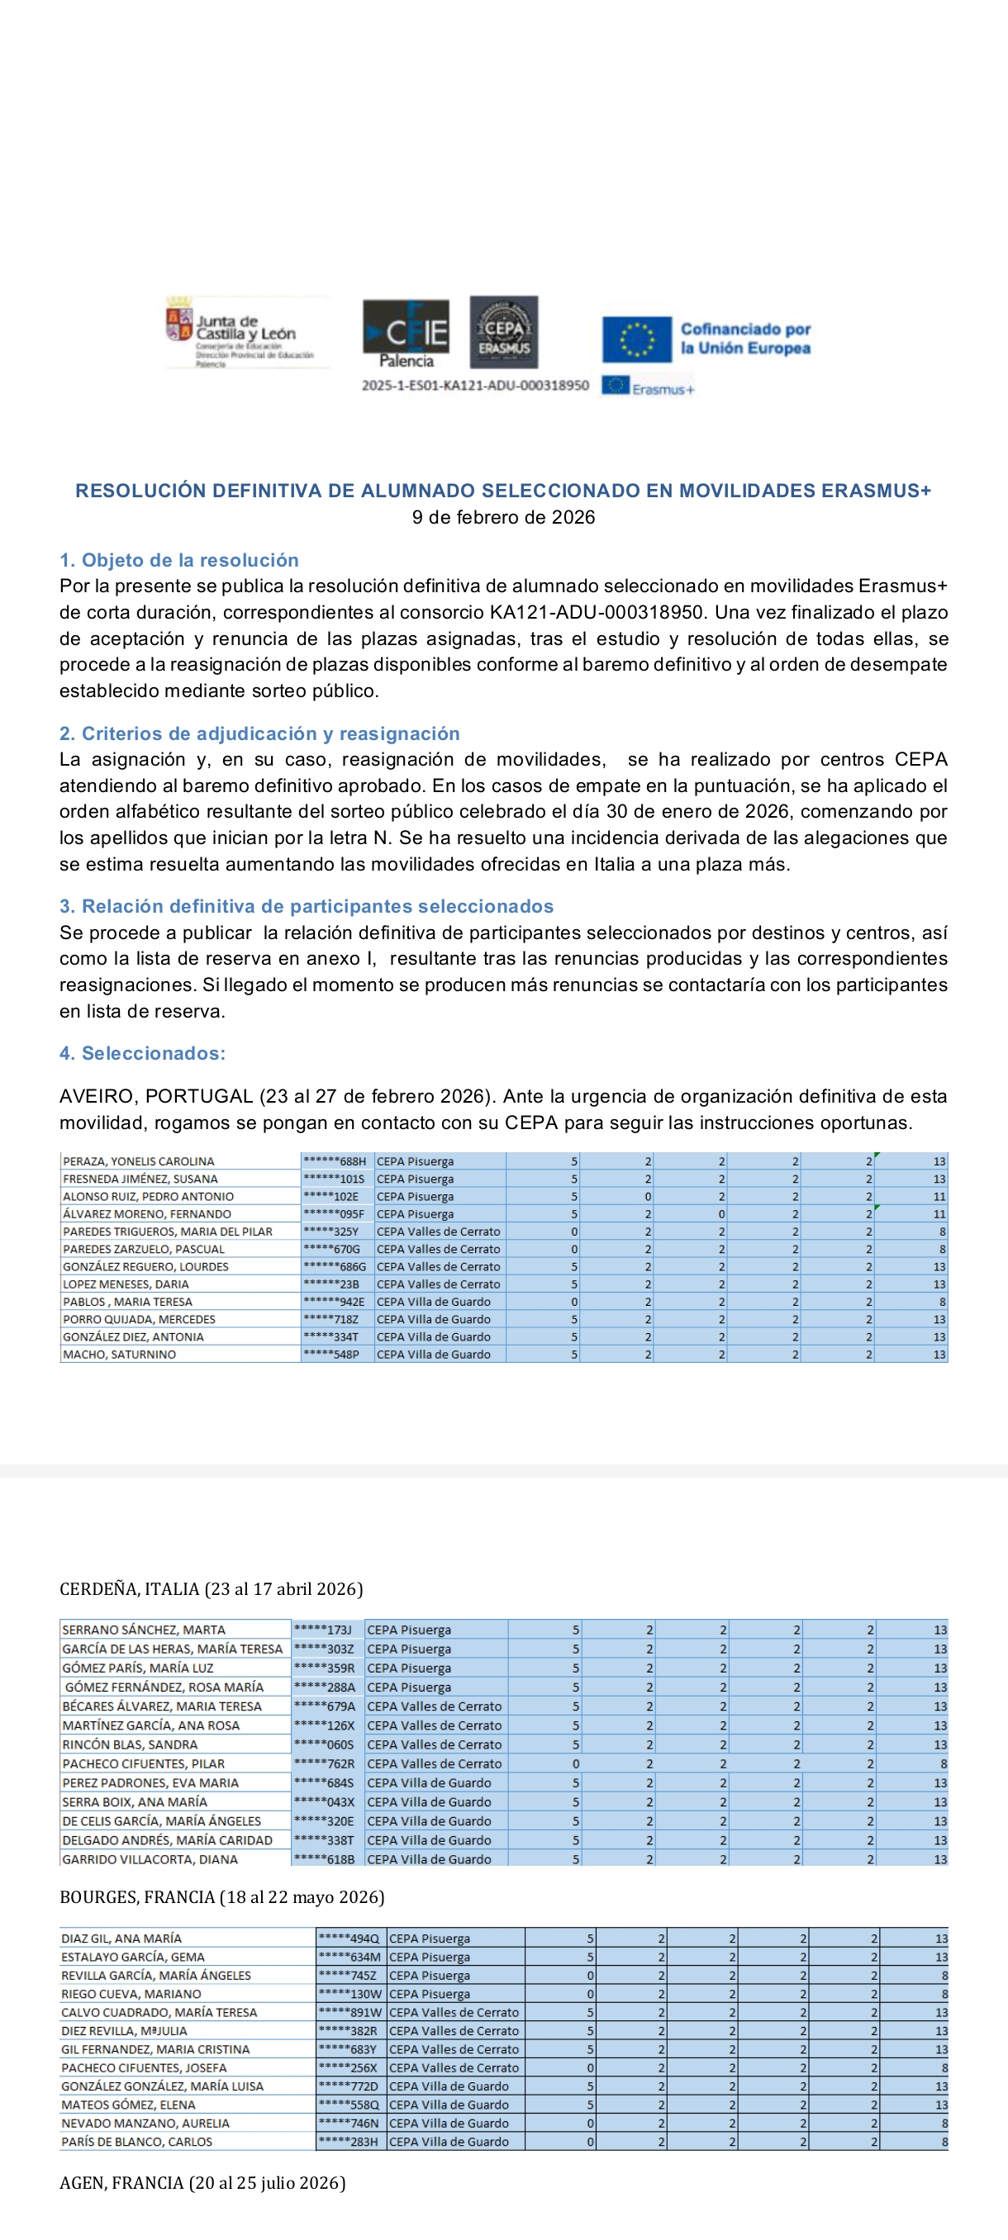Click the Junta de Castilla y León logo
(246, 332)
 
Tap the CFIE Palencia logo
(406, 332)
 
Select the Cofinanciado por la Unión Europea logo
(706, 339)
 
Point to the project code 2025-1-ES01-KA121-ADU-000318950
(475, 385)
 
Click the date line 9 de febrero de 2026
(503, 517)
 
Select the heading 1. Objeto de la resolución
(179, 560)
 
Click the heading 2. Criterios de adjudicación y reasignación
(259, 733)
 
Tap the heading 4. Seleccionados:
(143, 1053)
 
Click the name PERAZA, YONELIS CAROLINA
(138, 1160)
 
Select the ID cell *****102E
(330, 1197)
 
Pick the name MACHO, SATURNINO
(119, 1354)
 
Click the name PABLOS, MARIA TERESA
(128, 1302)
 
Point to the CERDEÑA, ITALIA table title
(212, 1588)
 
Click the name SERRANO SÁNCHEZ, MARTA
(144, 1630)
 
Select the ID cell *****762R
(325, 1763)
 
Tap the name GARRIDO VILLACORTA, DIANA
(150, 1859)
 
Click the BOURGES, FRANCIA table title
(221, 1896)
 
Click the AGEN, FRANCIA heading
(202, 2183)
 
